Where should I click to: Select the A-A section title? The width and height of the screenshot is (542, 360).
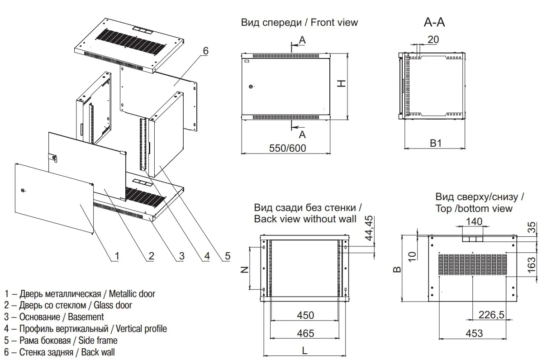(x=434, y=22)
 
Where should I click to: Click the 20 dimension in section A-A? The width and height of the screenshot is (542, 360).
(x=433, y=39)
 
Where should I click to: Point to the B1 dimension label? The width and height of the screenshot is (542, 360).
(x=436, y=144)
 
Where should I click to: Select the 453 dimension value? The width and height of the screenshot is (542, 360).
(x=474, y=333)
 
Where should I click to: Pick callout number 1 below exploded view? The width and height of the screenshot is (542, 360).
(x=116, y=256)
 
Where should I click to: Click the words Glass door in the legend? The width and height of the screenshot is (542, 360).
(x=113, y=305)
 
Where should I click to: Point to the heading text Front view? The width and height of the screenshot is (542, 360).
(x=333, y=22)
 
